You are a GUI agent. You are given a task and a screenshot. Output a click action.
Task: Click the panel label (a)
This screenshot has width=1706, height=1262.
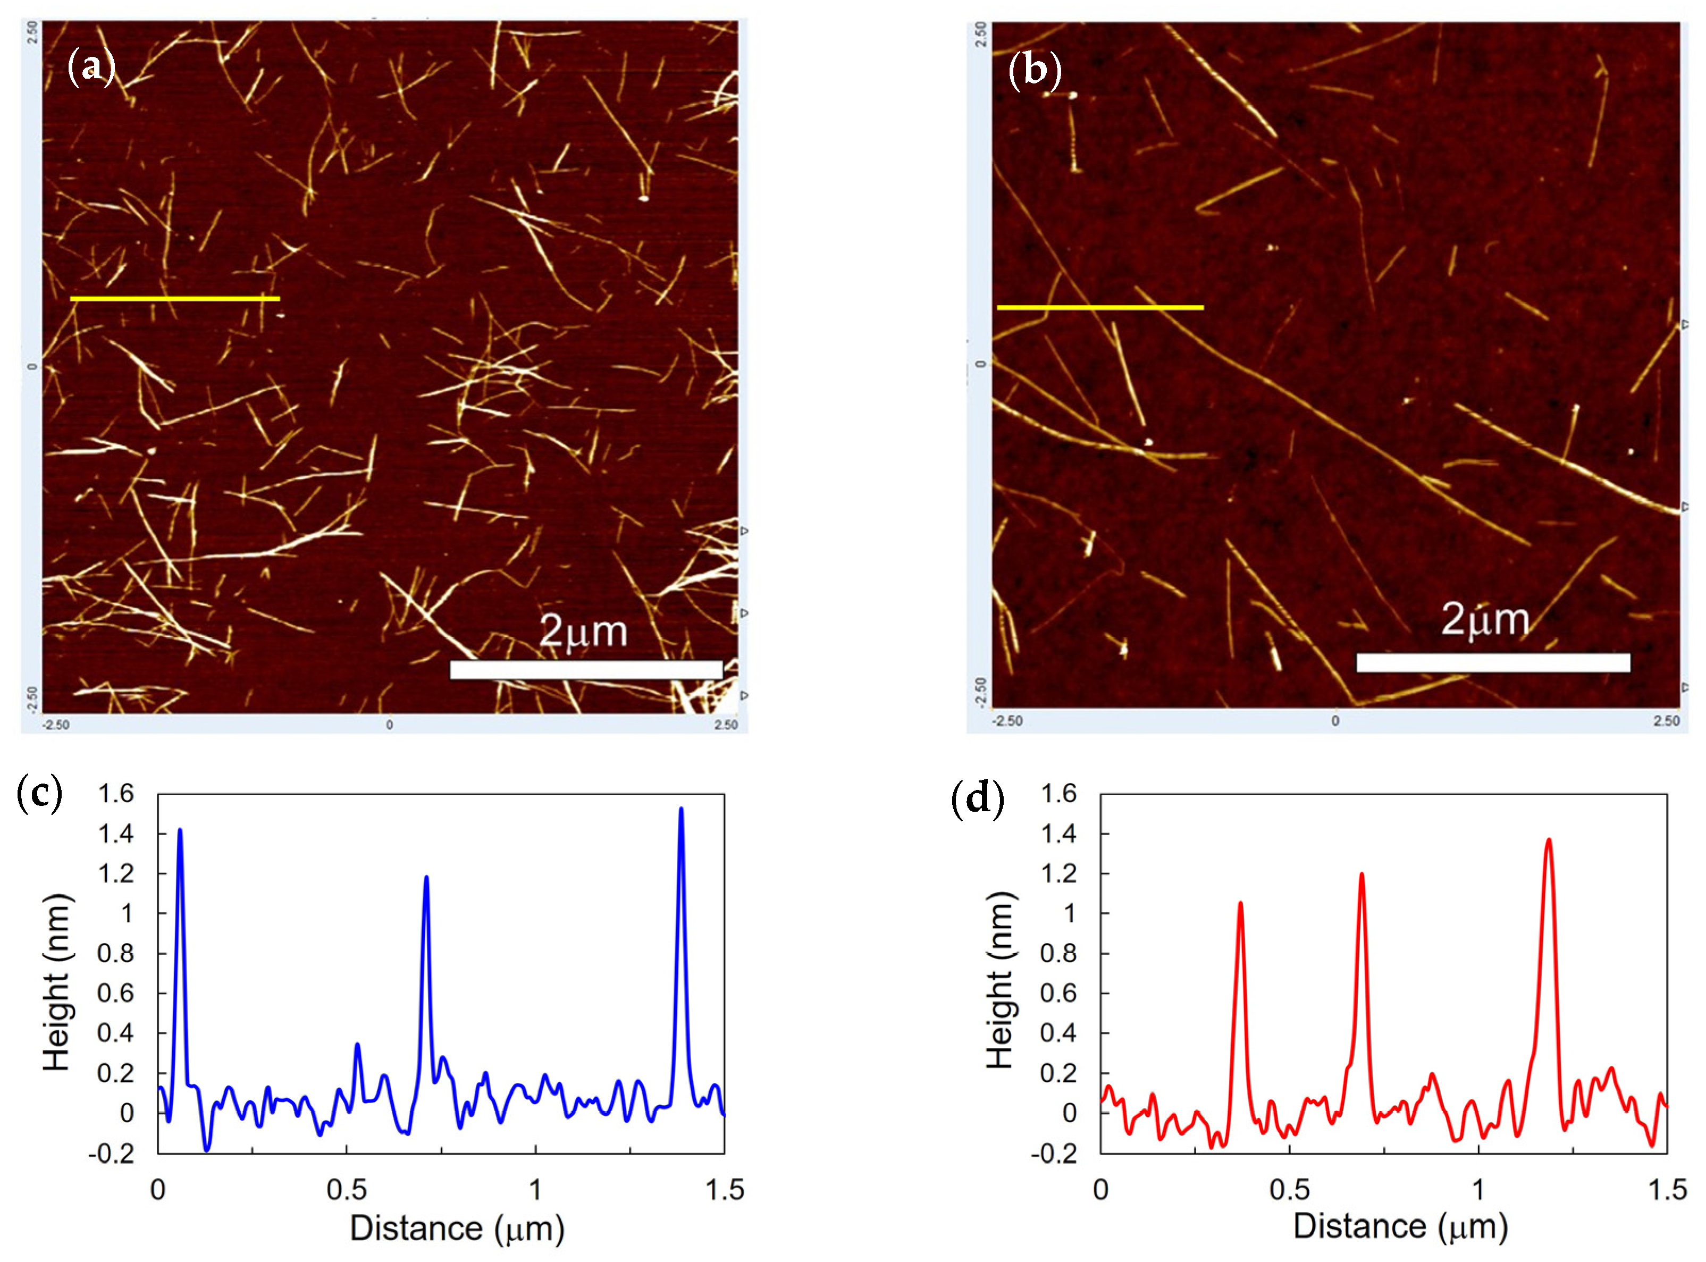[x=91, y=67]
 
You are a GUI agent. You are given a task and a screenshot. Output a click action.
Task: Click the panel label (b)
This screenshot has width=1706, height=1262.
[x=1035, y=70]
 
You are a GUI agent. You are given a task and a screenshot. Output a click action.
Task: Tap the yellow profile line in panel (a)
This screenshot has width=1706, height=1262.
[x=175, y=299]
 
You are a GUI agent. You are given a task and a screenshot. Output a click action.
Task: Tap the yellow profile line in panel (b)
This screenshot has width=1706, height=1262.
[x=1100, y=308]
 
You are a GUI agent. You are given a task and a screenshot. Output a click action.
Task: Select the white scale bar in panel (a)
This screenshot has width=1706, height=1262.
[x=586, y=670]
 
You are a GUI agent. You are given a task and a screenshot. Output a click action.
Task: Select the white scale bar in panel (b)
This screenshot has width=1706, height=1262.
[x=1493, y=662]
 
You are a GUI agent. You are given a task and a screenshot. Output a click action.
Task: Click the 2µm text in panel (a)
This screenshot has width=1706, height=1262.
[x=583, y=632]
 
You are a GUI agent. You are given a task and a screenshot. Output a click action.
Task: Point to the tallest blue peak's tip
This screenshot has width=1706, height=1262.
[x=680, y=810]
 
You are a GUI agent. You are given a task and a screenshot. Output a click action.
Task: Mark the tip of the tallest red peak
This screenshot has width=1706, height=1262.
[x=1549, y=841]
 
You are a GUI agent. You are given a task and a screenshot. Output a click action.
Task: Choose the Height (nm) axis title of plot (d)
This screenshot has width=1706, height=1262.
[x=999, y=982]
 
